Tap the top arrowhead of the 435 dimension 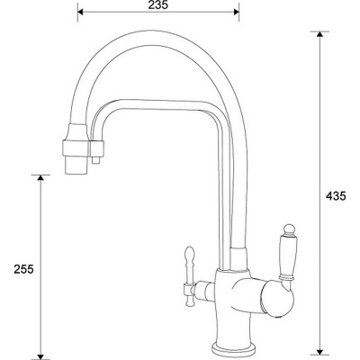[x=319, y=34]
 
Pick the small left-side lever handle [x=189, y=270]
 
